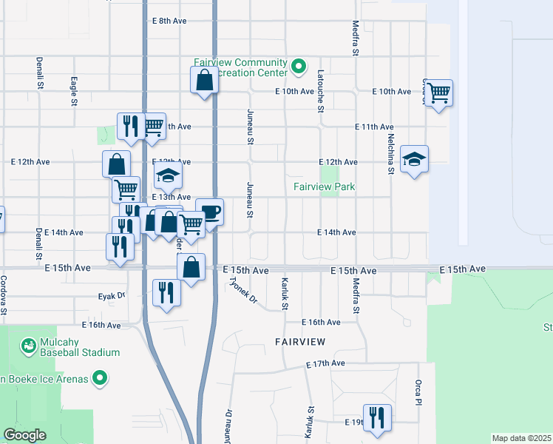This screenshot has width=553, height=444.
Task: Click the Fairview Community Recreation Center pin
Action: [299, 67]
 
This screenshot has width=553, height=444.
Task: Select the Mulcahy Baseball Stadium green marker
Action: [29, 346]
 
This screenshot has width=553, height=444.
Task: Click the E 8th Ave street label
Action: [169, 21]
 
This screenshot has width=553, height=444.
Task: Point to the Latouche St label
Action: [320, 92]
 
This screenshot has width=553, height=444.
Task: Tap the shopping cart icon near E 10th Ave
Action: [438, 92]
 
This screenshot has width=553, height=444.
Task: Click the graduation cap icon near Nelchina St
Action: [414, 158]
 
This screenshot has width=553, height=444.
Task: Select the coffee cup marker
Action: [210, 212]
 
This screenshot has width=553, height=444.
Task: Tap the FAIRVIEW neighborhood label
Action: [299, 342]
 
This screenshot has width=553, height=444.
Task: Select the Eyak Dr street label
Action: [113, 296]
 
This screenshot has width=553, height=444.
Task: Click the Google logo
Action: [24, 435]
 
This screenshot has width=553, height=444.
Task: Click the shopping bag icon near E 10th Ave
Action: [204, 79]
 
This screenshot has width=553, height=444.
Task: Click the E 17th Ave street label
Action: [326, 363]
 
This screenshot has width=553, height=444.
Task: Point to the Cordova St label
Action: [4, 295]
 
